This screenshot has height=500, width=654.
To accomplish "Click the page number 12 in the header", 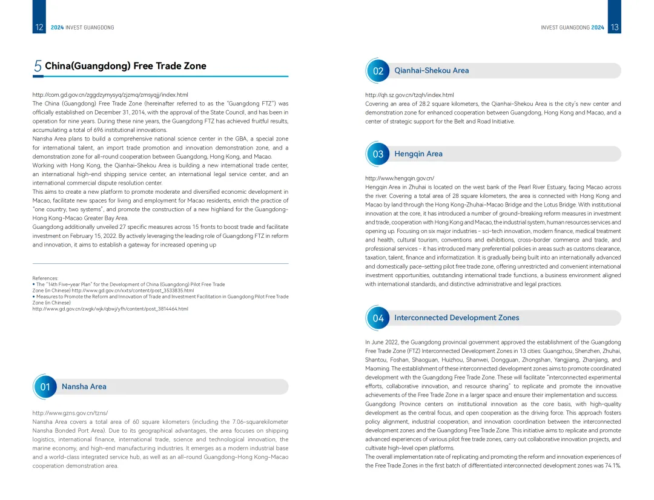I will coord(39,27).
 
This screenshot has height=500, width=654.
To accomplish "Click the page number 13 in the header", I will coord(614,27).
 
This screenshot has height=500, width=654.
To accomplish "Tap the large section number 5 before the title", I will coord(38,66).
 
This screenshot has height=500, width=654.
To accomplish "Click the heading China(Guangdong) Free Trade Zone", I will coord(125,66).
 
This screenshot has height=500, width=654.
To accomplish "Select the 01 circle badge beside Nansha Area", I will coord(45,387).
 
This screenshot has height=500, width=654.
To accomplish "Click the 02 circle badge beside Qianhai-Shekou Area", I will coord(378,71).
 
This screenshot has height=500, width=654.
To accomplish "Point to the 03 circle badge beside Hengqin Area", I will coord(378,154).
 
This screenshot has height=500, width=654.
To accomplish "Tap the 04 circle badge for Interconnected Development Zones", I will coord(378,318).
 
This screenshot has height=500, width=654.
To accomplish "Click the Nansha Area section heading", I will coord(84,386).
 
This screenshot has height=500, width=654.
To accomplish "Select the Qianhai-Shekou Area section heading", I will coord(431,70).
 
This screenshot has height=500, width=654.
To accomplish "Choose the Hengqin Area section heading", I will coord(418,154).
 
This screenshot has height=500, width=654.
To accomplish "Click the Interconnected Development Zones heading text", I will coord(456,318).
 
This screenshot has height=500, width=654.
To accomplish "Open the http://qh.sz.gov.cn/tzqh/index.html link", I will coord(409,95).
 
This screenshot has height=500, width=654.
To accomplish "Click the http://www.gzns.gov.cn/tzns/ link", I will coord(70,413).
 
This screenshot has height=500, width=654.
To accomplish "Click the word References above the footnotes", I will coord(45,278).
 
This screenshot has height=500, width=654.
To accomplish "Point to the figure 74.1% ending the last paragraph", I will coord(612,465).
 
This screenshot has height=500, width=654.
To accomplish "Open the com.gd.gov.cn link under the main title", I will coord(110,95).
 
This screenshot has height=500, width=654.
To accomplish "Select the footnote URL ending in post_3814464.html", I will coord(110,309).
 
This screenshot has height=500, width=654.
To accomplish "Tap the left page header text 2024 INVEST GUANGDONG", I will coord(82,28).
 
